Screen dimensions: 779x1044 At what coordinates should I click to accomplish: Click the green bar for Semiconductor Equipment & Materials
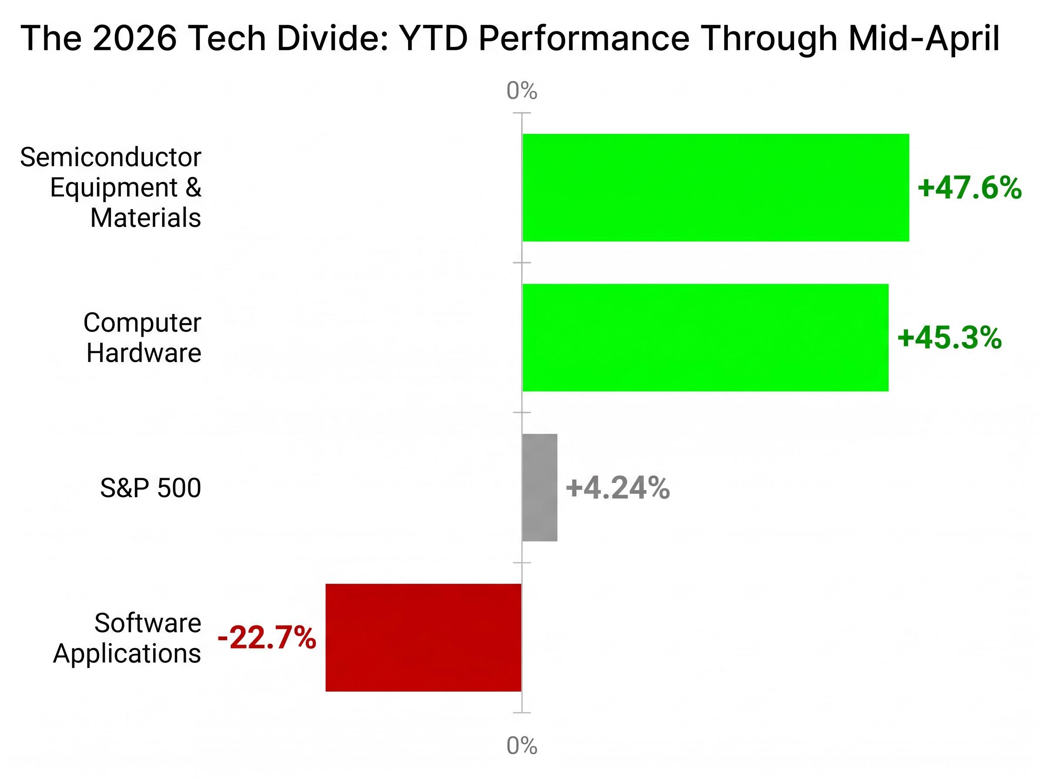click(715, 187)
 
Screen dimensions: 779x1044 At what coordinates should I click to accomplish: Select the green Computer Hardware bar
click(705, 337)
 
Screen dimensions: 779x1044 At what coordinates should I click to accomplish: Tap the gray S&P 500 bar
click(539, 487)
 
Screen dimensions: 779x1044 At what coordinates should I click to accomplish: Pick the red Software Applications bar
click(423, 638)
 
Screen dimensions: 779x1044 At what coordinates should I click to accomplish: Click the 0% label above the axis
click(521, 90)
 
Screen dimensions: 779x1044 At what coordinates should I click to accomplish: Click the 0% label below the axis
click(521, 746)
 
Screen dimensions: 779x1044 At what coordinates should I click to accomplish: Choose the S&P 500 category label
click(151, 488)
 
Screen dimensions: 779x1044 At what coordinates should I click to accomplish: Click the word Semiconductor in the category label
click(110, 157)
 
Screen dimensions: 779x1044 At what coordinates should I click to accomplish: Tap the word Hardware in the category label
click(144, 353)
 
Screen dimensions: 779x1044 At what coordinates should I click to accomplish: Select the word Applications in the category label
click(127, 654)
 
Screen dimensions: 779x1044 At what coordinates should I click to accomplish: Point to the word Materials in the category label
click(145, 218)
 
